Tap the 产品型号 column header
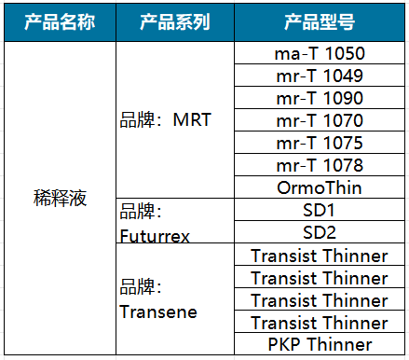coord(320,21)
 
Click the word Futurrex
coord(156,236)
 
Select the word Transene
coord(158,312)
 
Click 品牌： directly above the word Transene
coord(142,288)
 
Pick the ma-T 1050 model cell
coord(320,53)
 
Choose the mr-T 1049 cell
coord(320,76)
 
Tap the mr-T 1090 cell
coord(320,98)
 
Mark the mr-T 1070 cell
coord(320,120)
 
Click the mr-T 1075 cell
coord(320,143)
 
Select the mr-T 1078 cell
coord(320,165)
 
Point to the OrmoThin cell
coord(320,187)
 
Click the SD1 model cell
coord(320,210)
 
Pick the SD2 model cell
coord(320,232)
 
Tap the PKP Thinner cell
coord(320,345)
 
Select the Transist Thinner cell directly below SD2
coord(320,256)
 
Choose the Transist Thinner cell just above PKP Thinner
coord(320,323)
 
